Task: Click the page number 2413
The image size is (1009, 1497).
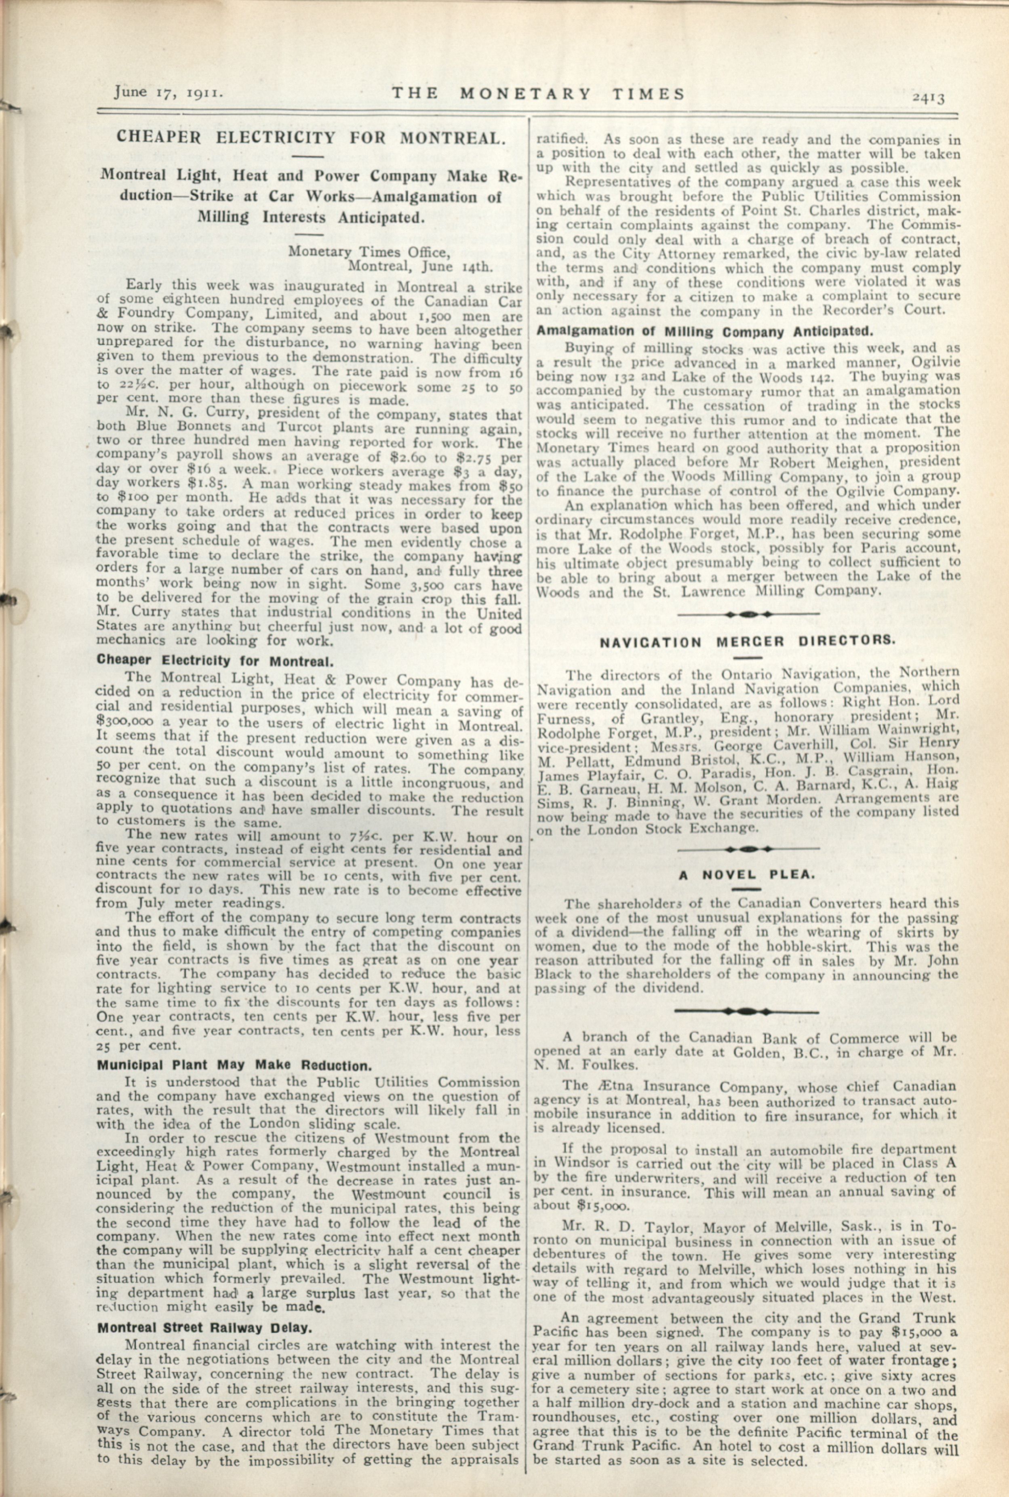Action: click(927, 98)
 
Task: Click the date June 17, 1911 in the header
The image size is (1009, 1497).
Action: click(169, 92)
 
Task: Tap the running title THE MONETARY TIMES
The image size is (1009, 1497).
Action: click(539, 93)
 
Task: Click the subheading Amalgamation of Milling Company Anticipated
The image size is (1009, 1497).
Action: click(705, 332)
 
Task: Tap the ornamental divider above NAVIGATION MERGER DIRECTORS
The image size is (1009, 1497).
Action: click(748, 615)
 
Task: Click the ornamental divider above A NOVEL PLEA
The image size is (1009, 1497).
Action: click(748, 849)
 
